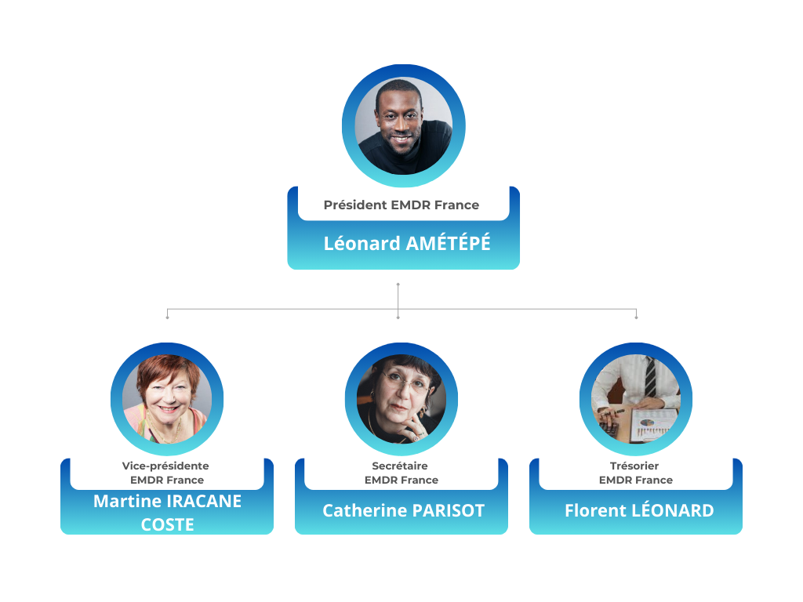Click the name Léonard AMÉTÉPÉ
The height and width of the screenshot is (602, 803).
coord(407,243)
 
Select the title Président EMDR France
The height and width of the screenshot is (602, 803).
coord(401,205)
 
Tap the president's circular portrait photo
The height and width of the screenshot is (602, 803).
coord(403,125)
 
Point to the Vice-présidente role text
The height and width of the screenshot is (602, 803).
coord(165,466)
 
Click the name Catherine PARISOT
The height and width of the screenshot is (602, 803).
coord(403,511)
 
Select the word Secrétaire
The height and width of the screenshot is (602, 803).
coord(400,466)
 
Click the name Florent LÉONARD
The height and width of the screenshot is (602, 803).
coord(639,511)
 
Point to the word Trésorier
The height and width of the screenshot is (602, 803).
coord(635,466)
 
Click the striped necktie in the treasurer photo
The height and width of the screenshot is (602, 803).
coord(650,377)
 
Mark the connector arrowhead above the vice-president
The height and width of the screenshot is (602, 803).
coord(167,317)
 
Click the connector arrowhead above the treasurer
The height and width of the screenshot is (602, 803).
coord(636,317)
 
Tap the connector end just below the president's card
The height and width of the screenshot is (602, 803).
coord(398,284)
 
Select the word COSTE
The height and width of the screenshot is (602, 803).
coord(167,524)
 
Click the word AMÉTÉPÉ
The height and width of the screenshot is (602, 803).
coord(448,243)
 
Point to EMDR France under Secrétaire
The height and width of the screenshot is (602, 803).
coord(401,480)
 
